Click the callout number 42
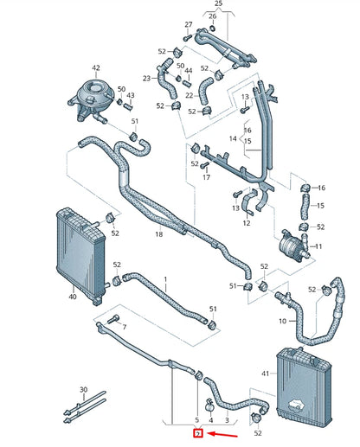pyautogui.click(x=96, y=67)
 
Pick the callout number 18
pyautogui.click(x=158, y=234)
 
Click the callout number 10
pyautogui.click(x=282, y=322)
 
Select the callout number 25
pyautogui.click(x=219, y=5)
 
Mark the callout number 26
pyautogui.click(x=213, y=16)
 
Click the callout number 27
pyautogui.click(x=189, y=24)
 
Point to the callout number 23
pyautogui.click(x=147, y=79)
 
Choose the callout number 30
pyautogui.click(x=83, y=390)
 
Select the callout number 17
pyautogui.click(x=206, y=178)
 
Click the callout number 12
pyautogui.click(x=247, y=223)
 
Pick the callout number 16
pyautogui.click(x=321, y=188)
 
